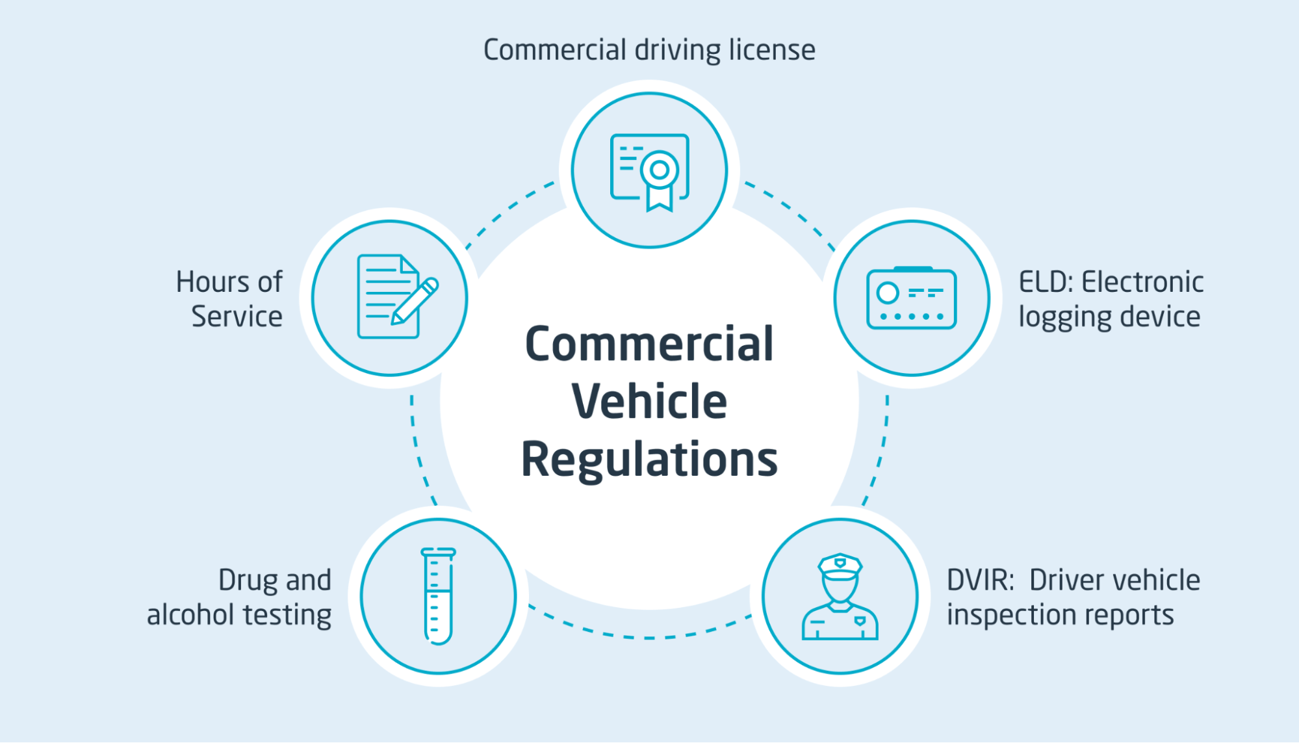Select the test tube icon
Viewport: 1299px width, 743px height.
(439, 595)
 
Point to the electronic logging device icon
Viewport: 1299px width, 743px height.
(911, 298)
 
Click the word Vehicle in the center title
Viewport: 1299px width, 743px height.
(649, 402)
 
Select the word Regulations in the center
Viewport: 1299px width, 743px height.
(649, 460)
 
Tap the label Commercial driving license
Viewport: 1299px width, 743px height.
(649, 50)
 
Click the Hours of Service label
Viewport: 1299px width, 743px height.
(229, 299)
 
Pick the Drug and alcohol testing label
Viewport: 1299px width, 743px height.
(239, 597)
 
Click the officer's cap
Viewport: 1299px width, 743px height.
(840, 566)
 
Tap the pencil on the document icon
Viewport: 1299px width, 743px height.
(415, 302)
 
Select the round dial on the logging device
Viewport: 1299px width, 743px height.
(888, 293)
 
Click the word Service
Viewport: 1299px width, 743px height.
(237, 317)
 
